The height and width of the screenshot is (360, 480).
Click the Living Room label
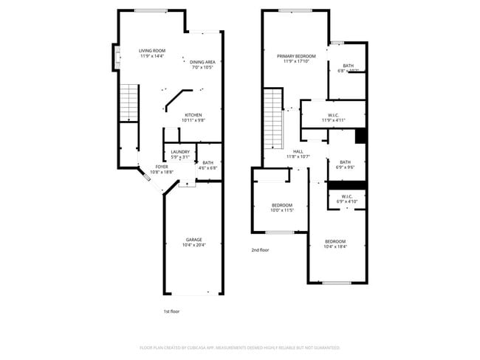(x=152, y=51)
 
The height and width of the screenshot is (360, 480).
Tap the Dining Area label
(x=202, y=62)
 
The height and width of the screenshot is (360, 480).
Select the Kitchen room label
(x=193, y=114)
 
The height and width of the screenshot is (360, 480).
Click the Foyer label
(x=161, y=167)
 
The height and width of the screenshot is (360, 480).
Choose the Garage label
(x=193, y=239)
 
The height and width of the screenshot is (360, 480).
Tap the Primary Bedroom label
(x=296, y=56)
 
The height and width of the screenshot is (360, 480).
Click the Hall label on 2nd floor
(x=298, y=151)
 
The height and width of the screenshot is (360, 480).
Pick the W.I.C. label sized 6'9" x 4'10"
(x=347, y=196)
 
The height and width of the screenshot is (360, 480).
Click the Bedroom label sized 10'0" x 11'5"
(x=281, y=205)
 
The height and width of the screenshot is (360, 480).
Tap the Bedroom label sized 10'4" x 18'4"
(x=335, y=241)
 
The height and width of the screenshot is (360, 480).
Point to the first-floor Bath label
(x=208, y=162)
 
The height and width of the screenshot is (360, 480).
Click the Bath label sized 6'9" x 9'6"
(x=346, y=162)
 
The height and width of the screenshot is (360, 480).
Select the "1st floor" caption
(x=171, y=311)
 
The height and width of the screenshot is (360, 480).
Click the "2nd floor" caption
(x=260, y=250)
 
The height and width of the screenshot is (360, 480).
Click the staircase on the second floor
(x=274, y=118)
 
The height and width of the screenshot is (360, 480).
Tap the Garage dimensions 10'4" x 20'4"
(x=193, y=245)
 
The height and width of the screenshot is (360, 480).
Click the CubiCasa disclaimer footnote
(x=239, y=347)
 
